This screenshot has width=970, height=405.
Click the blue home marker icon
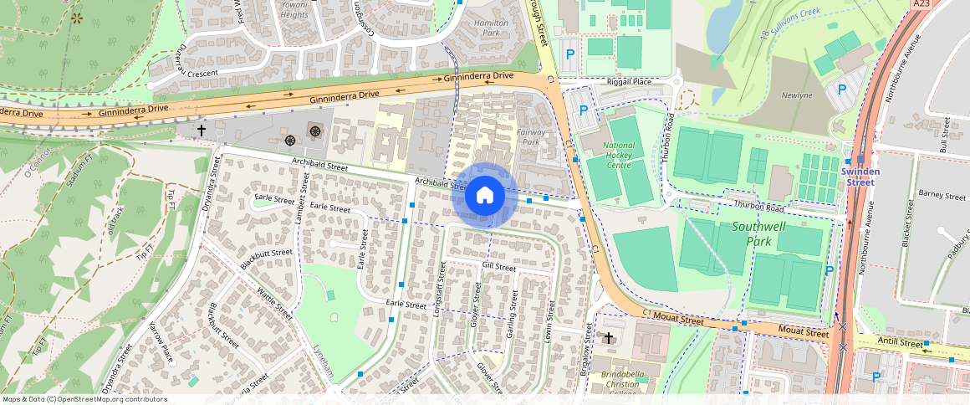click(484, 196)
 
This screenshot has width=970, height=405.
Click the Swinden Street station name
click(860, 177)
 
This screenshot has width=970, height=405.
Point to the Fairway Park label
click(532, 137)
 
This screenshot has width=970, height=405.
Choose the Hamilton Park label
click(491, 28)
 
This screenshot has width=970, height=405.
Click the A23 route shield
click(921, 4)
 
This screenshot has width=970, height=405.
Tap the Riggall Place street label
click(629, 81)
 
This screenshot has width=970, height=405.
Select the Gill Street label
click(499, 265)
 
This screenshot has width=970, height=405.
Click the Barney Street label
click(942, 195)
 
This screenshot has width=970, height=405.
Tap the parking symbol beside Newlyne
click(842, 89)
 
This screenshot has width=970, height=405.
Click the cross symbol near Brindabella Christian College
click(609, 338)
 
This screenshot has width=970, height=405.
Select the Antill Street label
click(900, 343)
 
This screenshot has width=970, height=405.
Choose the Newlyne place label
click(796, 95)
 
